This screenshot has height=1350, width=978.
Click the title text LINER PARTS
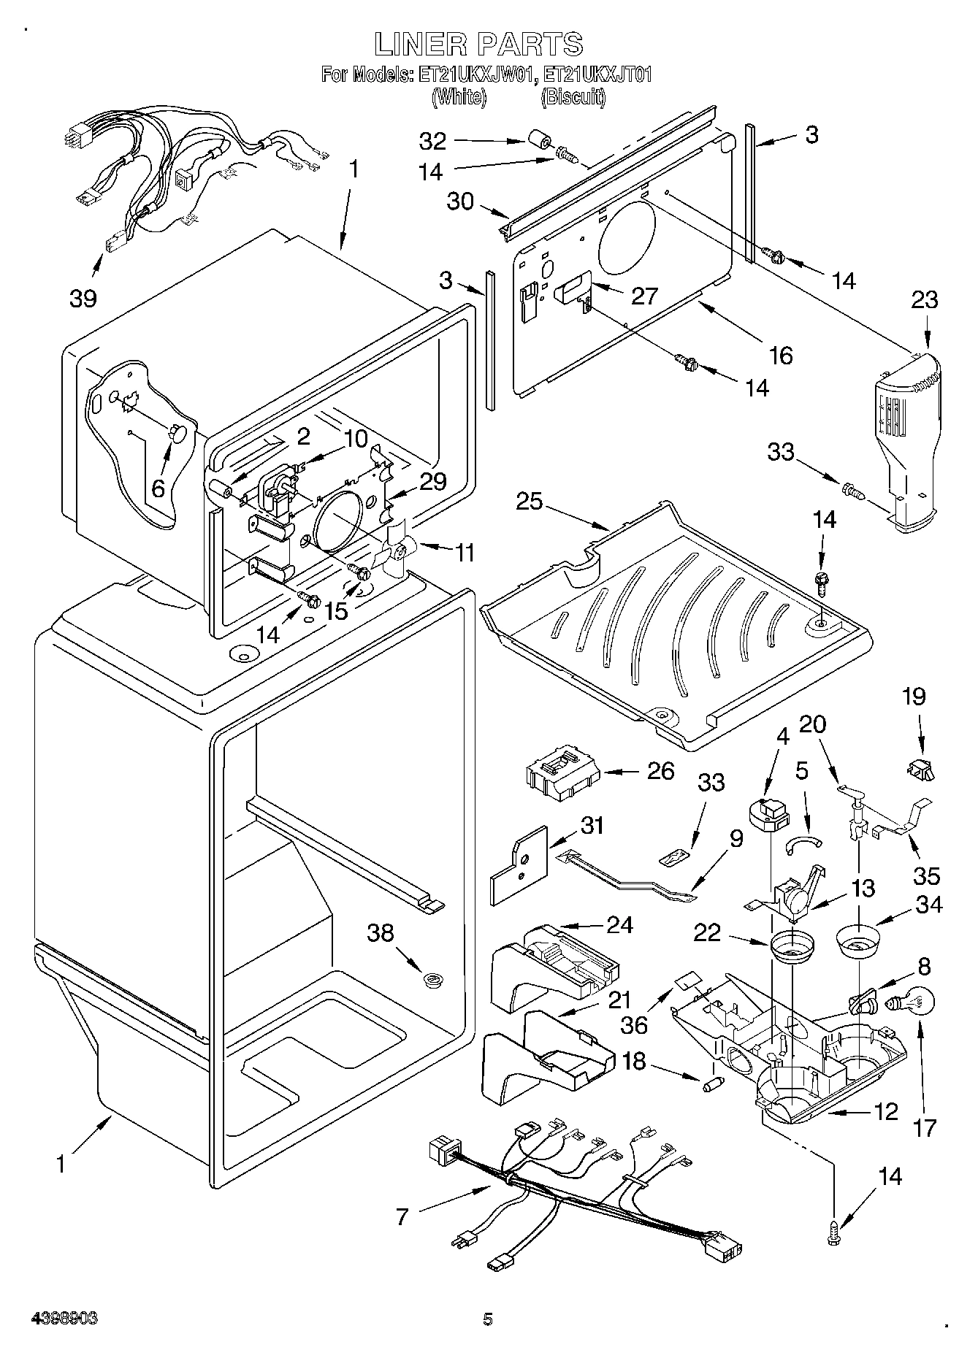click(478, 44)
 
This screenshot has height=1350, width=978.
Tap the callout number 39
click(83, 298)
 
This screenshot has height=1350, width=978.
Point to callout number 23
click(925, 300)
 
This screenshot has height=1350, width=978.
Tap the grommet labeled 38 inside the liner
click(434, 979)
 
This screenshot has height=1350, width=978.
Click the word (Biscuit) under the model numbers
click(573, 97)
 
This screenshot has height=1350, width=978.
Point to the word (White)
click(459, 97)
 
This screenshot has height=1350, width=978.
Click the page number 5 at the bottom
click(488, 1319)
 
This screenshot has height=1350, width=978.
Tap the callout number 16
click(780, 355)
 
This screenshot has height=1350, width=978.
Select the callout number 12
click(885, 1112)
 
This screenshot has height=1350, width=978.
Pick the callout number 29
click(432, 480)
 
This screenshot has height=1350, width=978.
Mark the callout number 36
click(634, 1024)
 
